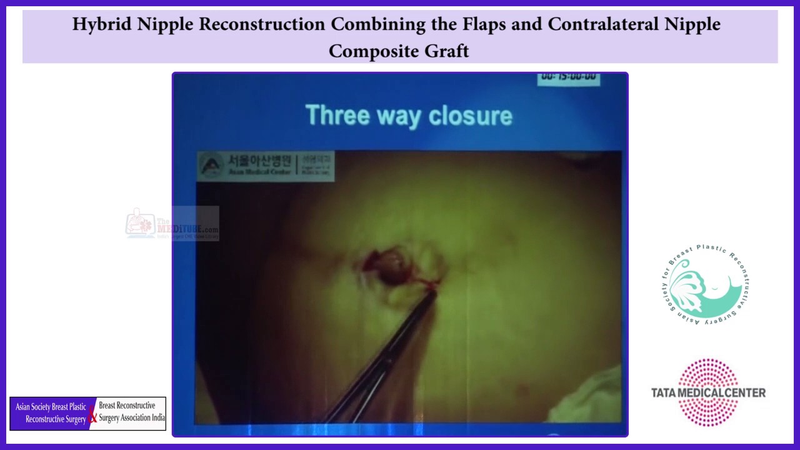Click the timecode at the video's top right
[x=569, y=78]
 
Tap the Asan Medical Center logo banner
[x=265, y=166]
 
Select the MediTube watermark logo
[x=172, y=224]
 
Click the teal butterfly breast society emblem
[x=705, y=286]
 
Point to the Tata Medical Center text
[x=708, y=392]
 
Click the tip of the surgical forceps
[x=432, y=289]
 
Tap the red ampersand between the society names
[x=92, y=415]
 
